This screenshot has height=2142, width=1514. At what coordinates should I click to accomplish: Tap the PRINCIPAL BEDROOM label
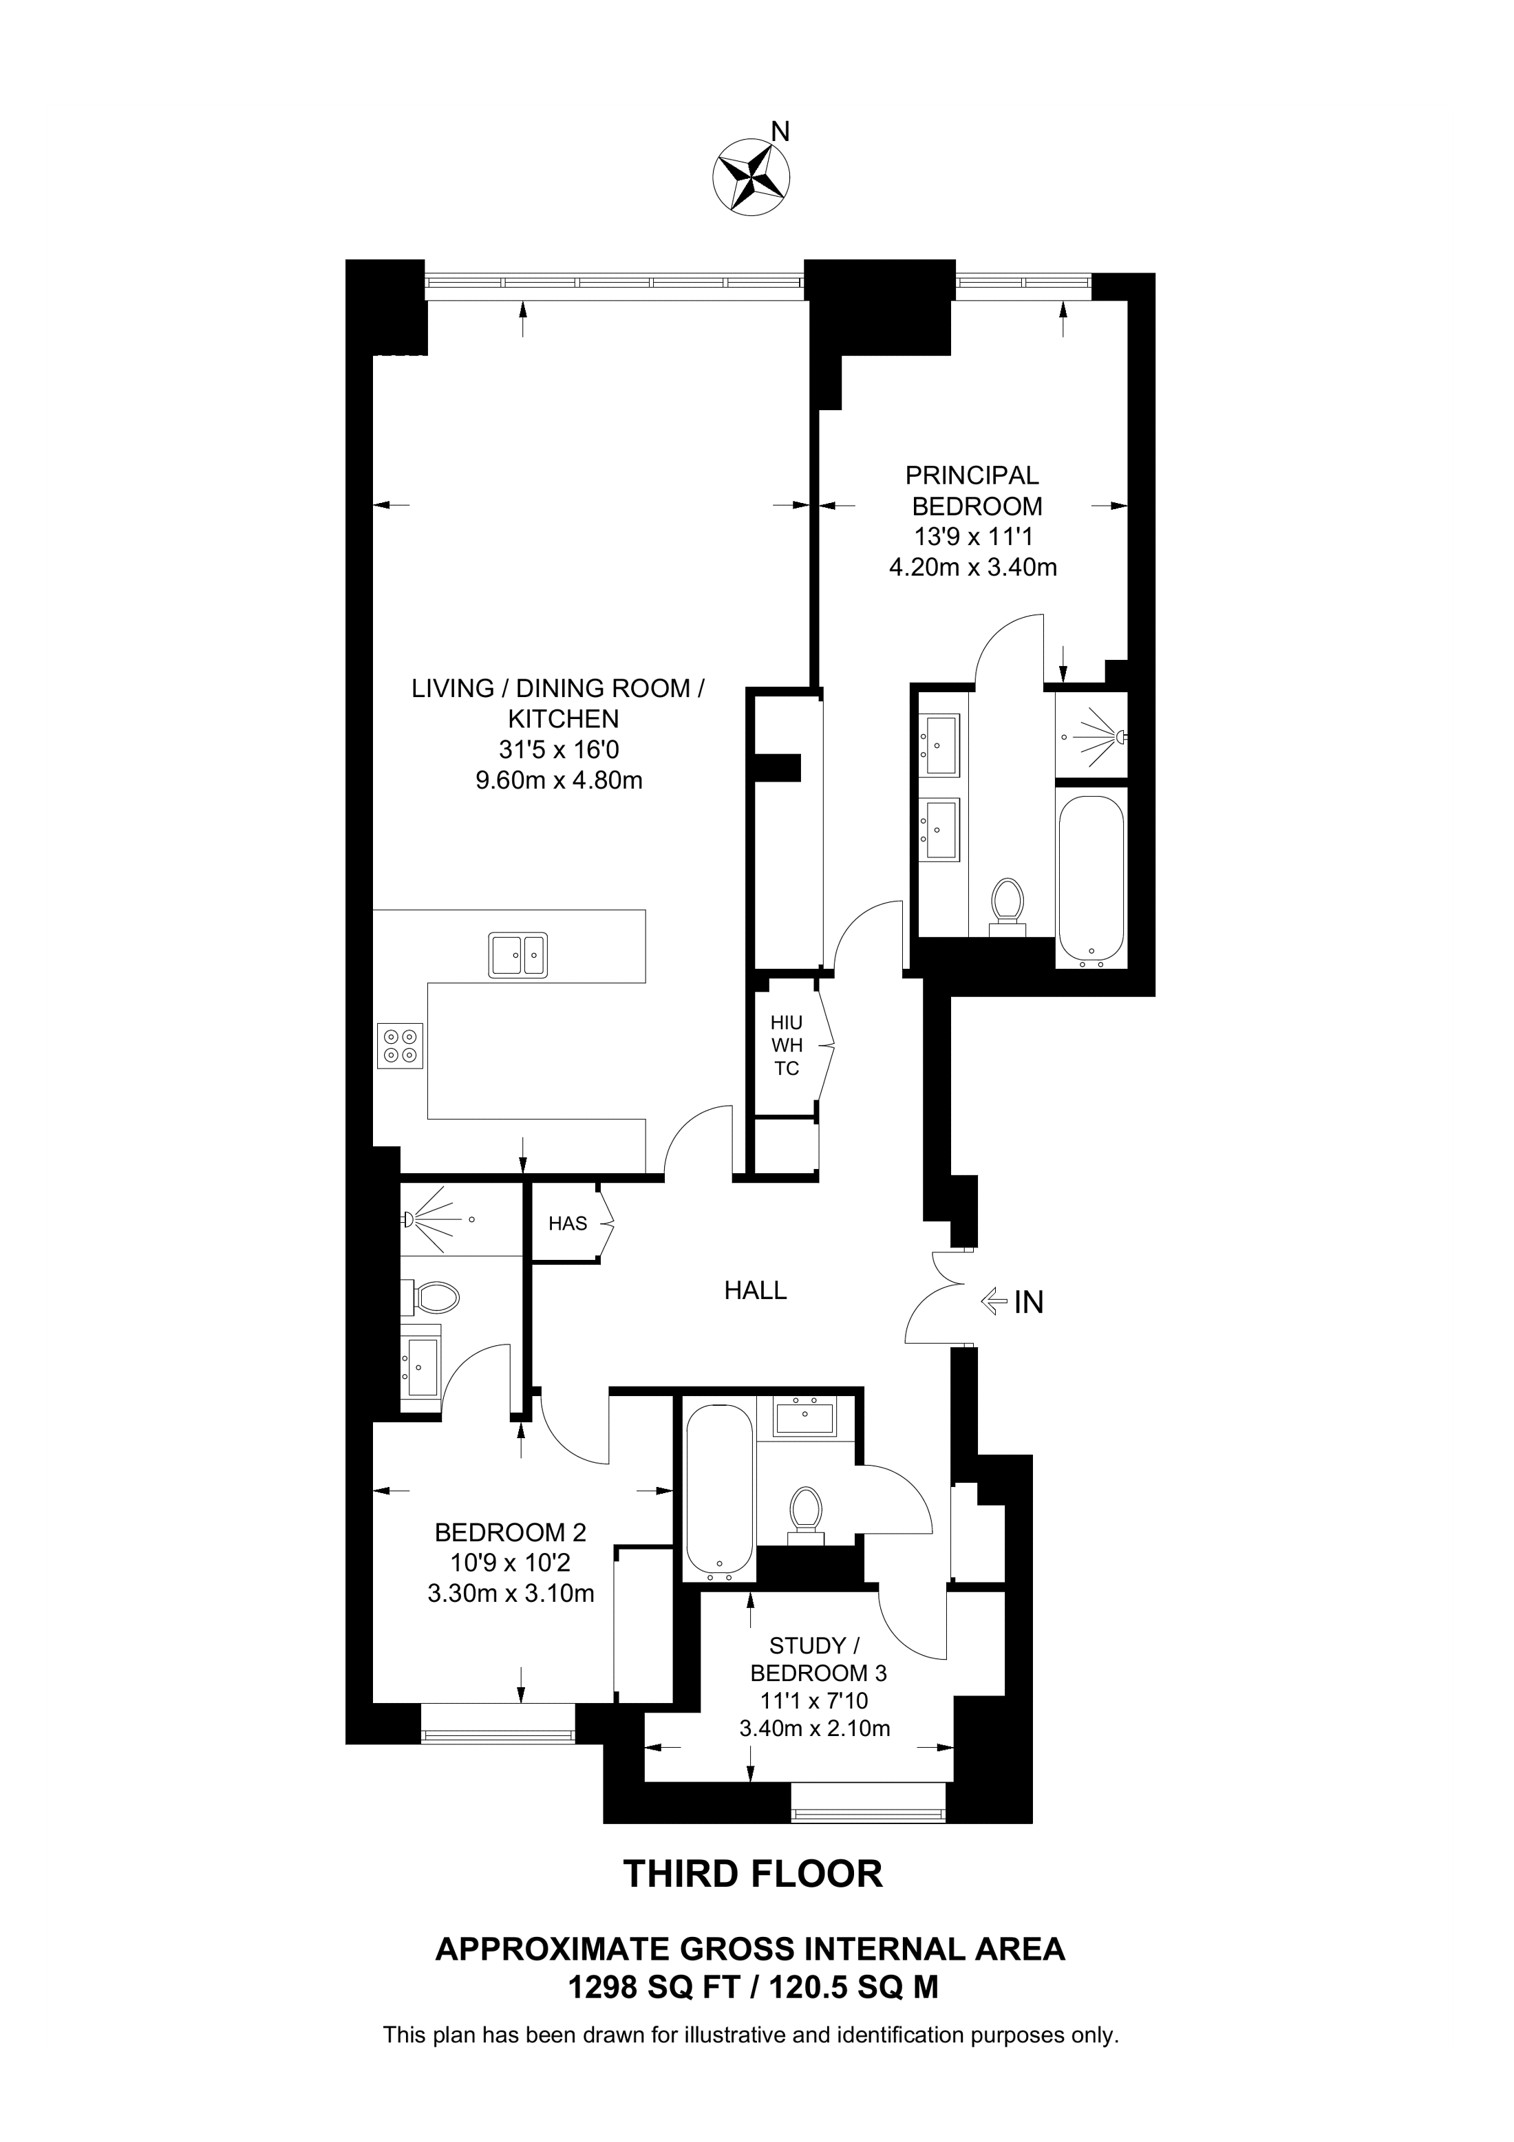pos(974,491)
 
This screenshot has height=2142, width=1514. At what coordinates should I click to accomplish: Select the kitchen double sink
pos(518,954)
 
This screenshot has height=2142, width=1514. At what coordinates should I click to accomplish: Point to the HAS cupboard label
pos(568,1223)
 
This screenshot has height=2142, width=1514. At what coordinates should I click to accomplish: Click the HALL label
pos(756,1290)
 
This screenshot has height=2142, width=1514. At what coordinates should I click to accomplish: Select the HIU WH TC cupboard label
pos(787,1046)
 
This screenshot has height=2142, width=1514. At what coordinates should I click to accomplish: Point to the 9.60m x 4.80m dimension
pos(559,780)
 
